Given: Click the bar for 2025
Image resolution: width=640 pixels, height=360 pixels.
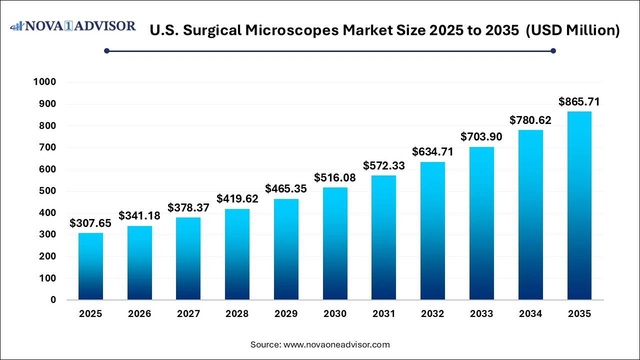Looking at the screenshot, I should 90,266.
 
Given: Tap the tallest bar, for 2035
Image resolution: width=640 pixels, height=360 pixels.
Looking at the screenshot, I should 579,205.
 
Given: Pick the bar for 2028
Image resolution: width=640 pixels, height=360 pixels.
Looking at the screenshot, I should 237,254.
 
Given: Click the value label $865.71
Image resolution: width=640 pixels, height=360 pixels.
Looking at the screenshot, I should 579,102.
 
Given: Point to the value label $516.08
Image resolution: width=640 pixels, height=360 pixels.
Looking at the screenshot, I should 334,177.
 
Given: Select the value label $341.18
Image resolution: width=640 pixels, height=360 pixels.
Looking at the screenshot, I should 139,215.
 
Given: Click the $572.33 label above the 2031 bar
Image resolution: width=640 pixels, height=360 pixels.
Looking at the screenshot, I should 383,165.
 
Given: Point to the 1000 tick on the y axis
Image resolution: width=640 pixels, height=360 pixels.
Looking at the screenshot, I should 45,82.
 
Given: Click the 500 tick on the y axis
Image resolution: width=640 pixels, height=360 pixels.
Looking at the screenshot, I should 47,191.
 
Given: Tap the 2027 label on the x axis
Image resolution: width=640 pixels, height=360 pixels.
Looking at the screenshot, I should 188,314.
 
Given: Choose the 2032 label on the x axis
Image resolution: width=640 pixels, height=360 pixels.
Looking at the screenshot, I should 432,314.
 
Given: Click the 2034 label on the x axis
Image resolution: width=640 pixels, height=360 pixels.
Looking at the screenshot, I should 530,314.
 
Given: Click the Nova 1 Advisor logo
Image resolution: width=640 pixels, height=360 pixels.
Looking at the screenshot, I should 73,26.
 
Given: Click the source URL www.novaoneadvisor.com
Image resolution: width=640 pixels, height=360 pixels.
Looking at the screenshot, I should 336,344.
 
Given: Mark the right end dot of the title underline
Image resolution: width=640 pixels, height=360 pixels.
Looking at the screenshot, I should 553,50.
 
